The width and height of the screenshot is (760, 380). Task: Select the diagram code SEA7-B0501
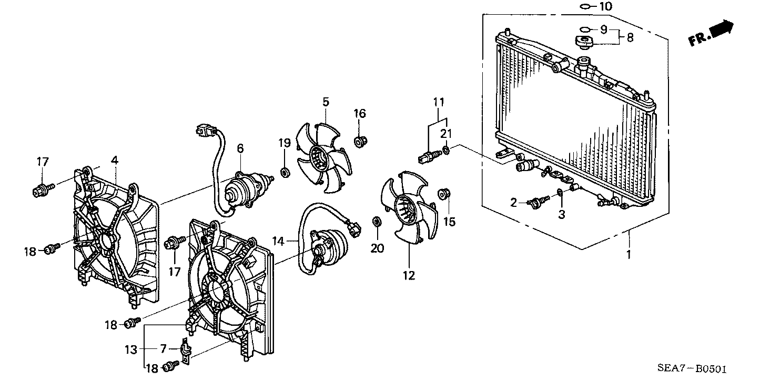(x=692, y=368)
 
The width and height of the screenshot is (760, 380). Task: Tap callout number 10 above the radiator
(x=606, y=6)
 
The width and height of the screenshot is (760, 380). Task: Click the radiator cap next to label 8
(x=584, y=42)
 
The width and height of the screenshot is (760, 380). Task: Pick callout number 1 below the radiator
(x=629, y=254)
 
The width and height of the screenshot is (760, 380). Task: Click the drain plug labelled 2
(x=538, y=202)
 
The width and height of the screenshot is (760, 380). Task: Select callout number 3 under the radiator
(x=562, y=214)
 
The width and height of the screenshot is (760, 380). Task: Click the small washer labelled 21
(x=446, y=149)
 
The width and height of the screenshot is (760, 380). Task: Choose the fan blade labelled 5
(x=324, y=158)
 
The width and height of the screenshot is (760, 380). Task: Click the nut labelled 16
(x=360, y=141)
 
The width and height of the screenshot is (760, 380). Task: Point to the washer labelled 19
(x=285, y=172)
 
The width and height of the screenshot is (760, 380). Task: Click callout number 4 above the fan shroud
(x=115, y=160)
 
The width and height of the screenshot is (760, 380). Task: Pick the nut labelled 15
(x=444, y=194)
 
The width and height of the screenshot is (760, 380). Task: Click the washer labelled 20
(x=377, y=222)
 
